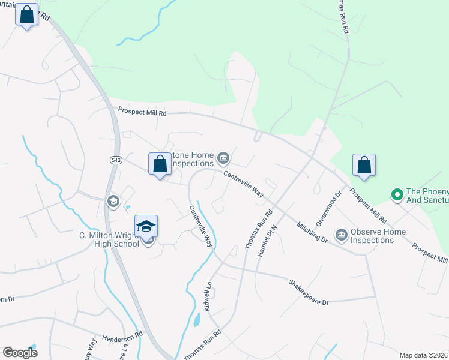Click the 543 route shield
[x=116, y=160]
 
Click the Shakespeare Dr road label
[x=309, y=292]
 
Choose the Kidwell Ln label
[x=209, y=295]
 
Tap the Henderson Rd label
[x=122, y=340]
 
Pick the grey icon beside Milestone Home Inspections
[x=223, y=158]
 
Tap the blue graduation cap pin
[x=146, y=227]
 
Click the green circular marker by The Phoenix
[x=396, y=194]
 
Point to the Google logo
[x=20, y=353]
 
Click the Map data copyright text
[x=424, y=355]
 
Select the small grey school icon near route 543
[x=113, y=201]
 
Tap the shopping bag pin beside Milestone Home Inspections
[x=160, y=164]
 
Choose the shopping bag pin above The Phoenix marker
[x=364, y=165]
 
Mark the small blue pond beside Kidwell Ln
[x=197, y=320]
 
